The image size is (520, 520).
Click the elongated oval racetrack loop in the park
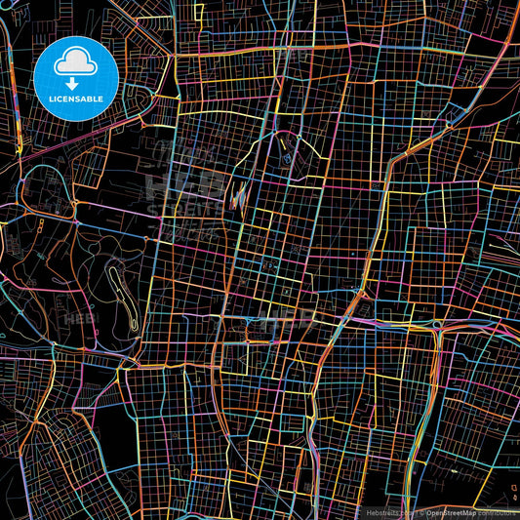[118, 284]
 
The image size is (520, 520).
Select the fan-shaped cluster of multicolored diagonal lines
[238, 200]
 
